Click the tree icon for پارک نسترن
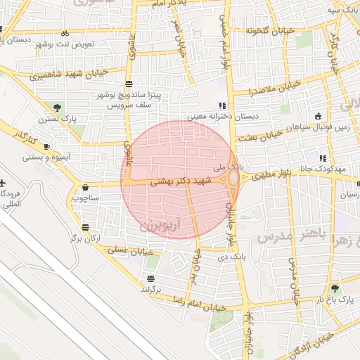click(57, 108)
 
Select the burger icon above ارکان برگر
click(85, 227)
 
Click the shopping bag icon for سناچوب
click(86, 188)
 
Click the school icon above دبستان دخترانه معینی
click(223, 105)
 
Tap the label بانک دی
click(231, 257)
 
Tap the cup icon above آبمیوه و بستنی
click(46, 146)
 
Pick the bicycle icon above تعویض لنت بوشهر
click(65, 33)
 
